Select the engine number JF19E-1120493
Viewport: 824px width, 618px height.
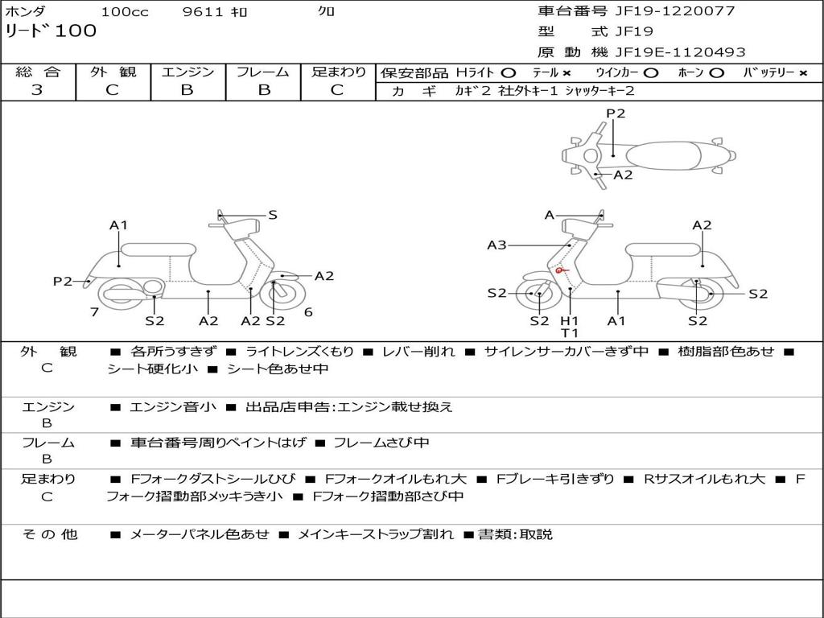680,52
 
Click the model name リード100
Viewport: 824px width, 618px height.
51,31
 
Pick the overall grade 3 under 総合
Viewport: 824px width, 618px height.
37,90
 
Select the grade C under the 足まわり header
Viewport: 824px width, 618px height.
337,90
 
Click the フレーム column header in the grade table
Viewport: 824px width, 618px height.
263,72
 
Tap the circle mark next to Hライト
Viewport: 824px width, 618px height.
509,72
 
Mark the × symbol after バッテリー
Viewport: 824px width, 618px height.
803,72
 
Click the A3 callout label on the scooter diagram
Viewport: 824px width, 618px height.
496,245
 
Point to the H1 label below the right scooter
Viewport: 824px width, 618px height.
570,321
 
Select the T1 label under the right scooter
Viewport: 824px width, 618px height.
570,333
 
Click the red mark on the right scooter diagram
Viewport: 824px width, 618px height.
560,271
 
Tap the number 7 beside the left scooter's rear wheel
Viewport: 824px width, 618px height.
94,312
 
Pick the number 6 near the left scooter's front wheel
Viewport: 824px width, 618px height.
308,312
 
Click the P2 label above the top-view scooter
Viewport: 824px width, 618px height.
616,113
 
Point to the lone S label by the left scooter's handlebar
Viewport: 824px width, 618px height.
273,215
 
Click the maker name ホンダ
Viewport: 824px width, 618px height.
26,11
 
